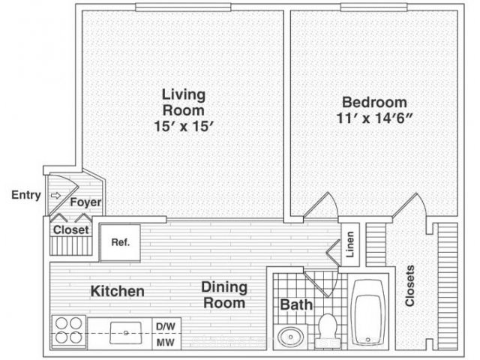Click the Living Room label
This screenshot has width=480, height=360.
click(x=184, y=102)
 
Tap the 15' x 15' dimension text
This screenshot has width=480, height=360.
click(x=183, y=126)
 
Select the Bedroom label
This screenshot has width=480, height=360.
click(x=374, y=102)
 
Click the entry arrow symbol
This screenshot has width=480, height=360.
click(x=55, y=195)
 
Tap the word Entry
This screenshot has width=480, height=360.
click(x=26, y=195)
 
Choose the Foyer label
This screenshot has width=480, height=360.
click(x=85, y=202)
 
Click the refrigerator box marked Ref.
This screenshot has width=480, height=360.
click(x=120, y=243)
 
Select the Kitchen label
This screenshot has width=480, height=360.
click(x=118, y=291)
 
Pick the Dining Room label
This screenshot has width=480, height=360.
click(x=224, y=295)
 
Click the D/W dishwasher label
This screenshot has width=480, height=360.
click(x=166, y=326)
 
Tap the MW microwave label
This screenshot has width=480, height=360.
click(x=166, y=342)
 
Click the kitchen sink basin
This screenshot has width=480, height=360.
click(x=126, y=333)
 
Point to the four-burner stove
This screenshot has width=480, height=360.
click(x=69, y=331)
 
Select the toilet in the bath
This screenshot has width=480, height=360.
click(x=328, y=330)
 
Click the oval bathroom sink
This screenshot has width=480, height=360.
click(x=291, y=337)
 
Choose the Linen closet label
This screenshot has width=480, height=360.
click(x=350, y=244)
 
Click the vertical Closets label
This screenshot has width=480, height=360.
click(x=409, y=286)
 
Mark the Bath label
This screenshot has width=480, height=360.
click(x=296, y=305)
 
